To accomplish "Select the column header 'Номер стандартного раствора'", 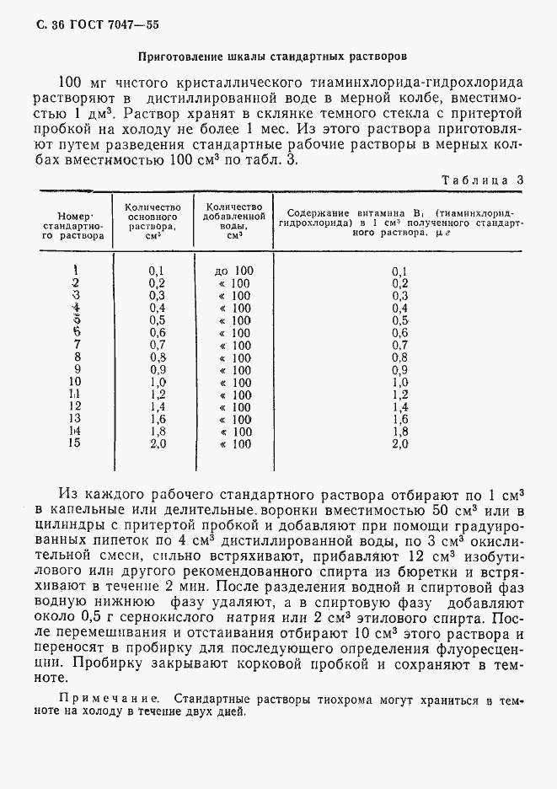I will tap(75, 227).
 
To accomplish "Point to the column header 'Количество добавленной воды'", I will tap(228, 221).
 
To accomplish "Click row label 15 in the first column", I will tap(75, 443).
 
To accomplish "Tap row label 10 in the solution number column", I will tap(75, 381).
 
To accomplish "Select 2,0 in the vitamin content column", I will tap(399, 443).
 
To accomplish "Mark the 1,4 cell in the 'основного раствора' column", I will tap(157, 406).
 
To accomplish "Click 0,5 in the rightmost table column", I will tap(399, 320).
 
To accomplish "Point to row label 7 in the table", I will tap(76, 345).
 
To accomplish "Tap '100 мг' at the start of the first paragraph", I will tap(83, 83).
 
